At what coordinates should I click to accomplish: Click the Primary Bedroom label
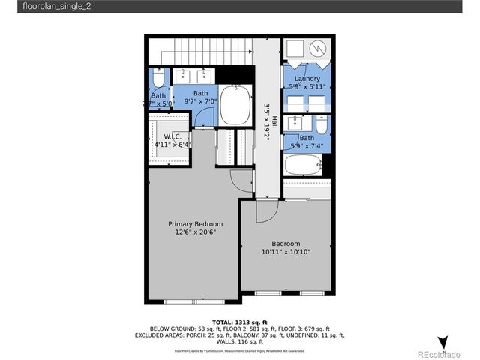(195, 224)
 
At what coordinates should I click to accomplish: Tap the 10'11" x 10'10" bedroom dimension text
(286, 252)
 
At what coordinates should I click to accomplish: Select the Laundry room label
(307, 79)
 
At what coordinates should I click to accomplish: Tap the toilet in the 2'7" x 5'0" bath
(158, 78)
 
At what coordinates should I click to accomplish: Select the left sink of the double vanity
(184, 76)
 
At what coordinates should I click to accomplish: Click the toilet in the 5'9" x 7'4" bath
(322, 123)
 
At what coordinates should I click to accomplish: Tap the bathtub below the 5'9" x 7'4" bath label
(304, 166)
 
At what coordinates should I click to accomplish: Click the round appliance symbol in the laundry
(318, 49)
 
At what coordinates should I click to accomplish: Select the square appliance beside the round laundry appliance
(295, 49)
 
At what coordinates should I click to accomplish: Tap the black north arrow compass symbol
(442, 342)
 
